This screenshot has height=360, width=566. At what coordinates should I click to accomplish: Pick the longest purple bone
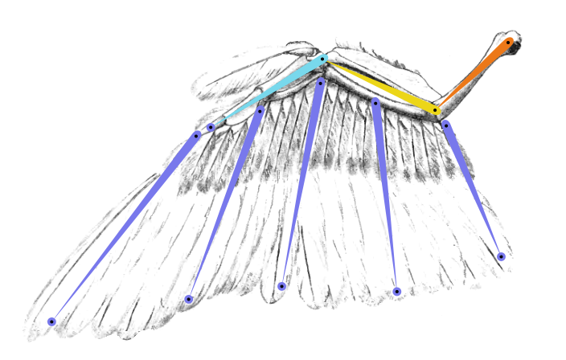[125, 227]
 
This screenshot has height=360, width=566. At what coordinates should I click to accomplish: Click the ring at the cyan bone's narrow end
[211, 127]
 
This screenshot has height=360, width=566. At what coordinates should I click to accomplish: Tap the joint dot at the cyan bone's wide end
[322, 59]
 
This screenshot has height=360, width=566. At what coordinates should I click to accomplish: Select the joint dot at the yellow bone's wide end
[435, 110]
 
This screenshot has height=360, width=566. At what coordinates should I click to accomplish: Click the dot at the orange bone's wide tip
[508, 42]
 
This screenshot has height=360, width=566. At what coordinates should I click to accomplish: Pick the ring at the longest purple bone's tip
[51, 321]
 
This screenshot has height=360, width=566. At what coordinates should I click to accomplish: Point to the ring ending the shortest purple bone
[501, 256]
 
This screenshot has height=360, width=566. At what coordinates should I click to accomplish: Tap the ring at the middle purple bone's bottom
[281, 286]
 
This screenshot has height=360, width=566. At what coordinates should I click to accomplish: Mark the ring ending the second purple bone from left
[188, 299]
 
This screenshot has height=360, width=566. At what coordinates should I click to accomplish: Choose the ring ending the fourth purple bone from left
[396, 292]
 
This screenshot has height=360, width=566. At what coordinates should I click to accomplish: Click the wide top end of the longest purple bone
[196, 135]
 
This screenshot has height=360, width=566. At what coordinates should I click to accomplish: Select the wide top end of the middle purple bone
[320, 82]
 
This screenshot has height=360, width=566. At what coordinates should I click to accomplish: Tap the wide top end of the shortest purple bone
[445, 125]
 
